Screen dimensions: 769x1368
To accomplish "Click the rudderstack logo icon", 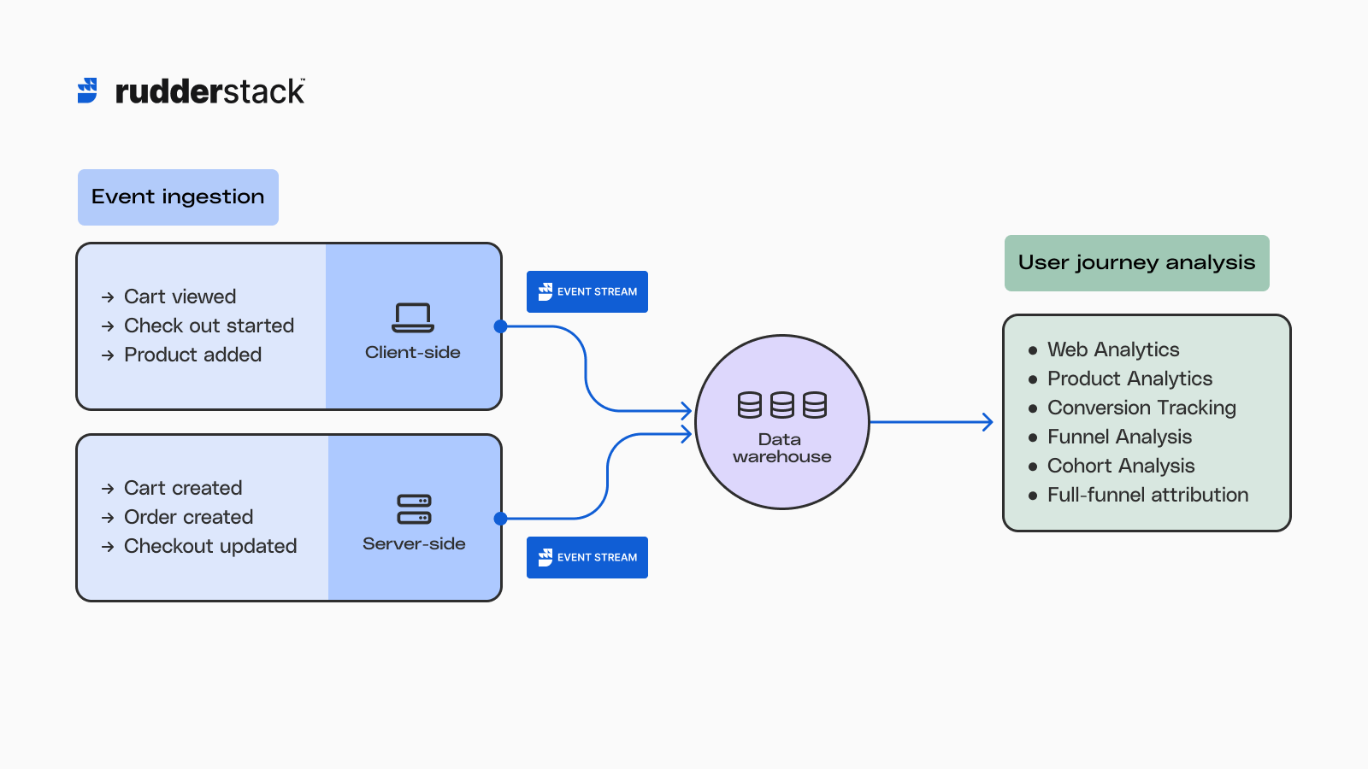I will (x=87, y=91).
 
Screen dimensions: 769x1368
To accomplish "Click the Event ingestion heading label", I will (x=178, y=197).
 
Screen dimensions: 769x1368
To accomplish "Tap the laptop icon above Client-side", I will (x=413, y=317).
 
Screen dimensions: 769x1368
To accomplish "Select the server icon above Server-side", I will (x=414, y=509).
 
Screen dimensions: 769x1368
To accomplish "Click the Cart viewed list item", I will (x=180, y=296).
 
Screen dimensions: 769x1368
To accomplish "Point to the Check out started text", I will (x=209, y=326).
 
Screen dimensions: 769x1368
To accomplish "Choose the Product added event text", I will (x=192, y=355).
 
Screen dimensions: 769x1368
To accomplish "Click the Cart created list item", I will (x=183, y=488).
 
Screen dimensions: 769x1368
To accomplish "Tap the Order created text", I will (x=188, y=517).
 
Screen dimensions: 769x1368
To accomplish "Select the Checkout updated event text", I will (x=210, y=546).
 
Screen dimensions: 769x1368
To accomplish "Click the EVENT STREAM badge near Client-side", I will (x=587, y=291).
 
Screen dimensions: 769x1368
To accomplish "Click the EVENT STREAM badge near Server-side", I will (x=587, y=557).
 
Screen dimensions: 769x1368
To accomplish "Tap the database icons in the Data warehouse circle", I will (x=781, y=405).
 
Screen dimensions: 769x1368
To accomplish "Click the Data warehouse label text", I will (x=781, y=448).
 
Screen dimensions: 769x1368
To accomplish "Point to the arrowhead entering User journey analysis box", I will (x=988, y=422).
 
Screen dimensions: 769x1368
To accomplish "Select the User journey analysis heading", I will (x=1136, y=263).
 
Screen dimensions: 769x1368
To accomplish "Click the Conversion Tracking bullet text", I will (x=1141, y=408).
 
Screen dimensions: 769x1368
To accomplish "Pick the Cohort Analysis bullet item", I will (x=1121, y=466).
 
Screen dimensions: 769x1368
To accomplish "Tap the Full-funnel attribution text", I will (x=1147, y=495).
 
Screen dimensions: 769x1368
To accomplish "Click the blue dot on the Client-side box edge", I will (x=501, y=326).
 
